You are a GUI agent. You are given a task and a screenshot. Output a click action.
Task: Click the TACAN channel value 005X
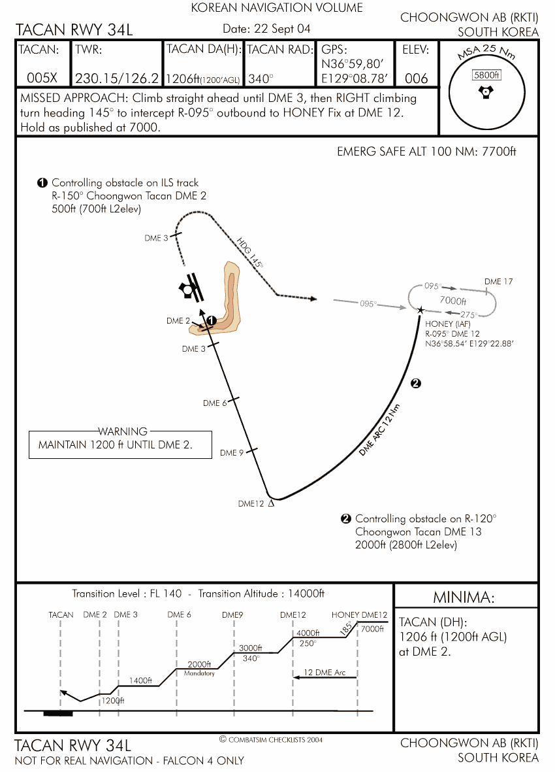pos(42,78)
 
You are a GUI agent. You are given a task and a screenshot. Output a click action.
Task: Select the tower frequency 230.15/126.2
pos(117,78)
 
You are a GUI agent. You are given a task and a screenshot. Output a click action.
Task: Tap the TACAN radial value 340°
pos(261,79)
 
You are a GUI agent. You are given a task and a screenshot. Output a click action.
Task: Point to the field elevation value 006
pos(416,78)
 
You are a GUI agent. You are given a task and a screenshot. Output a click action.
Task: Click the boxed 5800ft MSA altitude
pos(486,75)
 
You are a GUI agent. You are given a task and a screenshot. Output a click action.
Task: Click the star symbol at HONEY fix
pos(421,310)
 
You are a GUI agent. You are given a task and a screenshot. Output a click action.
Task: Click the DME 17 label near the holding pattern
pos(498,282)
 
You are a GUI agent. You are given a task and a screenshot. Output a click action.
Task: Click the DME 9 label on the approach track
pos(232,452)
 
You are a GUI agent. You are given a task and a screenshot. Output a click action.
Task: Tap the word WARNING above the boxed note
pos(123,431)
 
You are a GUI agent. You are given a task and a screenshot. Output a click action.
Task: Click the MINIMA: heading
pos(464,597)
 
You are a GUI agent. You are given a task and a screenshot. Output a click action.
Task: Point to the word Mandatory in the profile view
pos(199,673)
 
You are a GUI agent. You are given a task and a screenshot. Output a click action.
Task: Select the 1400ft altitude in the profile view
pos(140,680)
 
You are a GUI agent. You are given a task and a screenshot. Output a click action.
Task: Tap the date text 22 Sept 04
pos(283,29)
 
